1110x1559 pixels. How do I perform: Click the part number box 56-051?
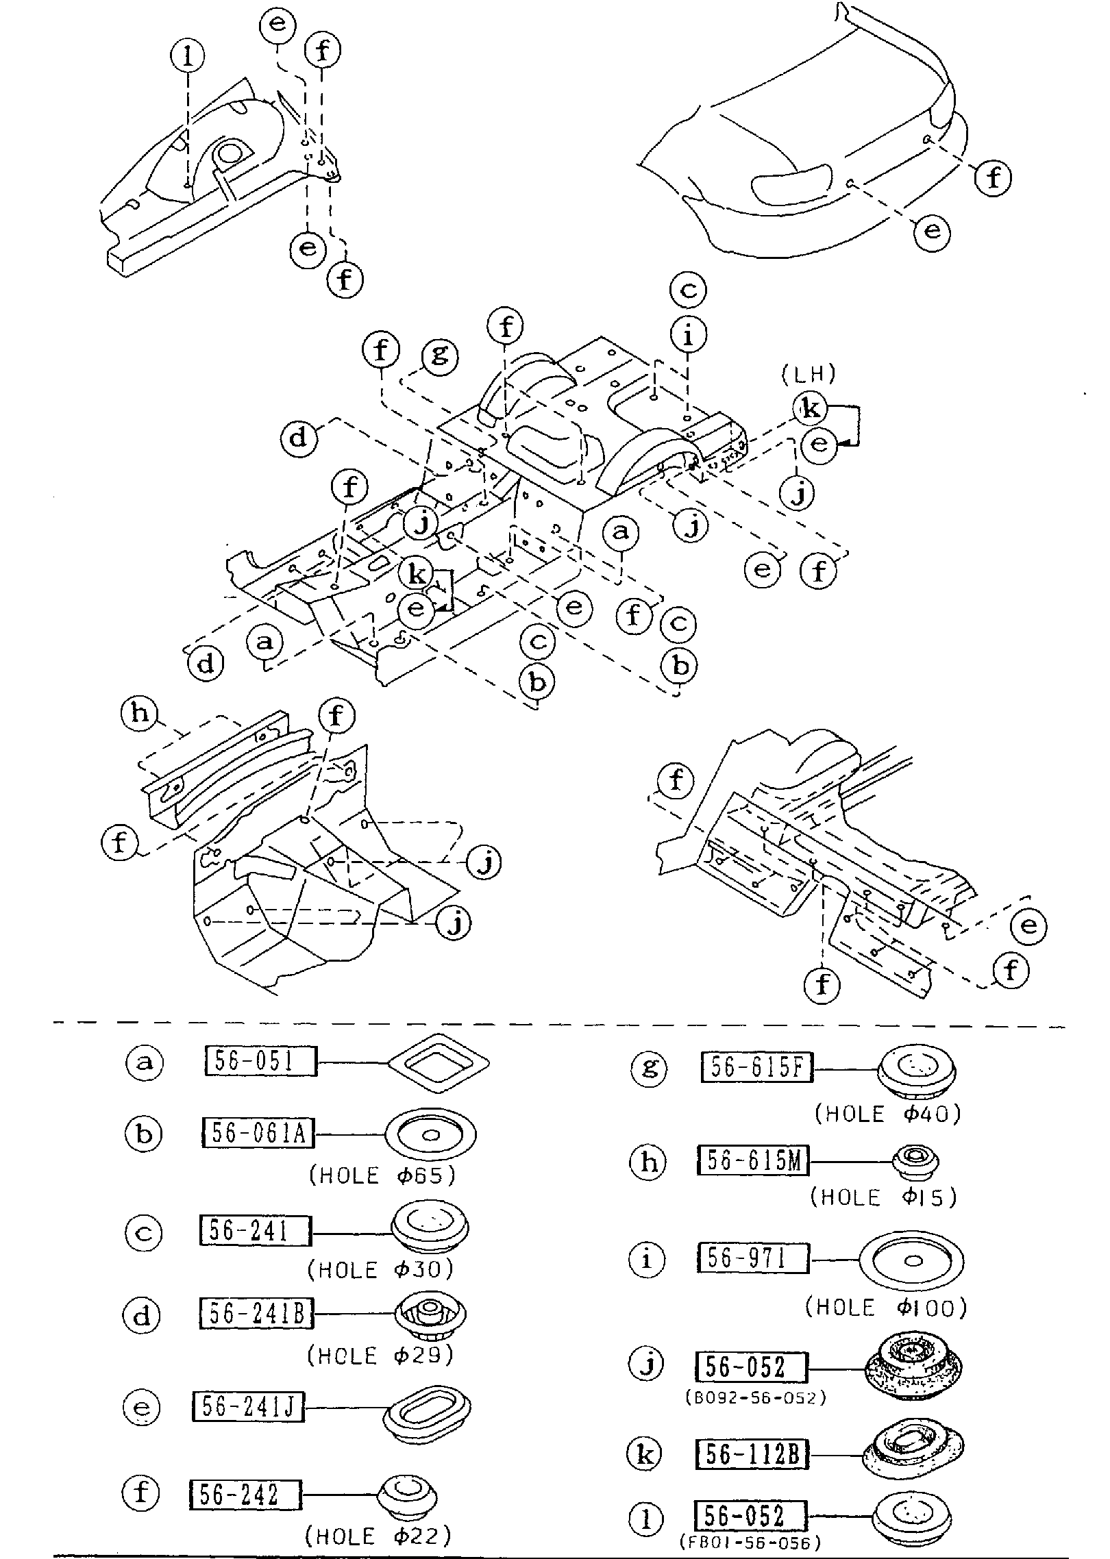click(260, 1062)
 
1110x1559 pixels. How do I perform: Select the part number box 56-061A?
click(258, 1134)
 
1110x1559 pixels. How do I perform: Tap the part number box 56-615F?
click(756, 1067)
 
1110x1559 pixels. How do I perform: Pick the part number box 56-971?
click(753, 1258)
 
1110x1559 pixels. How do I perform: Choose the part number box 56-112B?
click(752, 1454)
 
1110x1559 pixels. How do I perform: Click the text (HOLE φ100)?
click(886, 1308)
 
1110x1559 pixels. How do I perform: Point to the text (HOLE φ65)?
click(382, 1175)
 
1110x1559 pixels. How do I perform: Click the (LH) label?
click(809, 373)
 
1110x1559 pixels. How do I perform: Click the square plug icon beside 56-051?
click(439, 1062)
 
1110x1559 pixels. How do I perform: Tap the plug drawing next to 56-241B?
click(430, 1316)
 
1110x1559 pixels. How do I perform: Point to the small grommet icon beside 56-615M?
click(915, 1162)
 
